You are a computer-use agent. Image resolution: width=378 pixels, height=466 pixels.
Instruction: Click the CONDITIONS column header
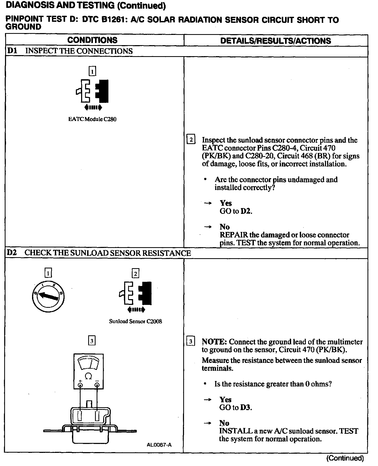coord(92,40)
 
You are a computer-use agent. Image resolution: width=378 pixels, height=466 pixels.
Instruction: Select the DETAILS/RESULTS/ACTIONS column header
coord(275,41)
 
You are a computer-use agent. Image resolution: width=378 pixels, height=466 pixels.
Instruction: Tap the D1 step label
coord(12,51)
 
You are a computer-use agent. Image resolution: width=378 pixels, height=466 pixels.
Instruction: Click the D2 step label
coord(12,253)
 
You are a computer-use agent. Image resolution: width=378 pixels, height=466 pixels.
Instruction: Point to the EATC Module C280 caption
coord(92,119)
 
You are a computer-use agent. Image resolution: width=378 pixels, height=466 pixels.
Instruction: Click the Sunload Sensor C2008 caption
coord(135,321)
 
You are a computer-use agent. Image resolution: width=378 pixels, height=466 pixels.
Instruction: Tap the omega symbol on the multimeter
coord(89,376)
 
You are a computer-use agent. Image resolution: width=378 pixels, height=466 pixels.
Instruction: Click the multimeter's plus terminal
coord(80,385)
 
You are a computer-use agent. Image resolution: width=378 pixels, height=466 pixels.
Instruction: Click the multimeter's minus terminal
coord(97,385)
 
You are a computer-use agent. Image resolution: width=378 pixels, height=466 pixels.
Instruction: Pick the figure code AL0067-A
coord(159,445)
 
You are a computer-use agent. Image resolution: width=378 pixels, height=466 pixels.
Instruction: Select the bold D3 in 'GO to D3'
coord(246,407)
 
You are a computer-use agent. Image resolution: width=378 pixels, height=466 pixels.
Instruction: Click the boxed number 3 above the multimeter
coord(92,341)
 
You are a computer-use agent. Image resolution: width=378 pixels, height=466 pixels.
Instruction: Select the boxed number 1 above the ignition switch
coord(48,274)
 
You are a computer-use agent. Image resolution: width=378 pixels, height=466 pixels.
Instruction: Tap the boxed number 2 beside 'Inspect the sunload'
coord(191,139)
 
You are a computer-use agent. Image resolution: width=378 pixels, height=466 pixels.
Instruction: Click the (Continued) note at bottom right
coord(345,458)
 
